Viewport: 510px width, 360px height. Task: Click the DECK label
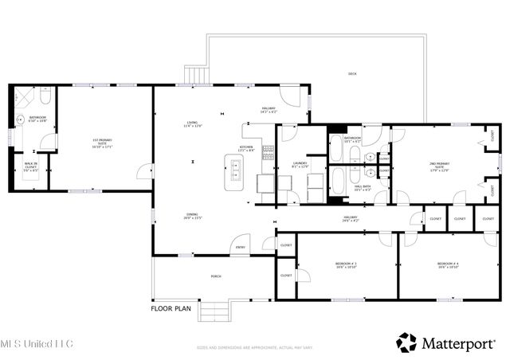click(351, 74)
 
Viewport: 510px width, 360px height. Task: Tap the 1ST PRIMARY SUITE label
click(102, 144)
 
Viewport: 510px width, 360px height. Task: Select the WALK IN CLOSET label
click(30, 168)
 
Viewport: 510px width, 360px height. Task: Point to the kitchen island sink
click(236, 166)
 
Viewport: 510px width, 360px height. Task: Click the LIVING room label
click(192, 124)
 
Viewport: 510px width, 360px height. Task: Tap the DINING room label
click(192, 216)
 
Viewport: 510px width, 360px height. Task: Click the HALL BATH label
click(363, 189)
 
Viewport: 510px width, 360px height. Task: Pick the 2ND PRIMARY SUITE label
click(439, 167)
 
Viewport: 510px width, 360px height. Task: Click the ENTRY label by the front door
click(241, 248)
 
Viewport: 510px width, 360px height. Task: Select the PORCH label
click(215, 276)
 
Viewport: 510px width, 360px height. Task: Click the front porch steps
click(214, 311)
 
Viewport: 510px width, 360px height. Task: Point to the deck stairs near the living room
click(195, 76)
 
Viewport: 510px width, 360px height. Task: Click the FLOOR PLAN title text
click(172, 307)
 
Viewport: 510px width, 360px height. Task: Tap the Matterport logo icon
click(406, 342)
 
